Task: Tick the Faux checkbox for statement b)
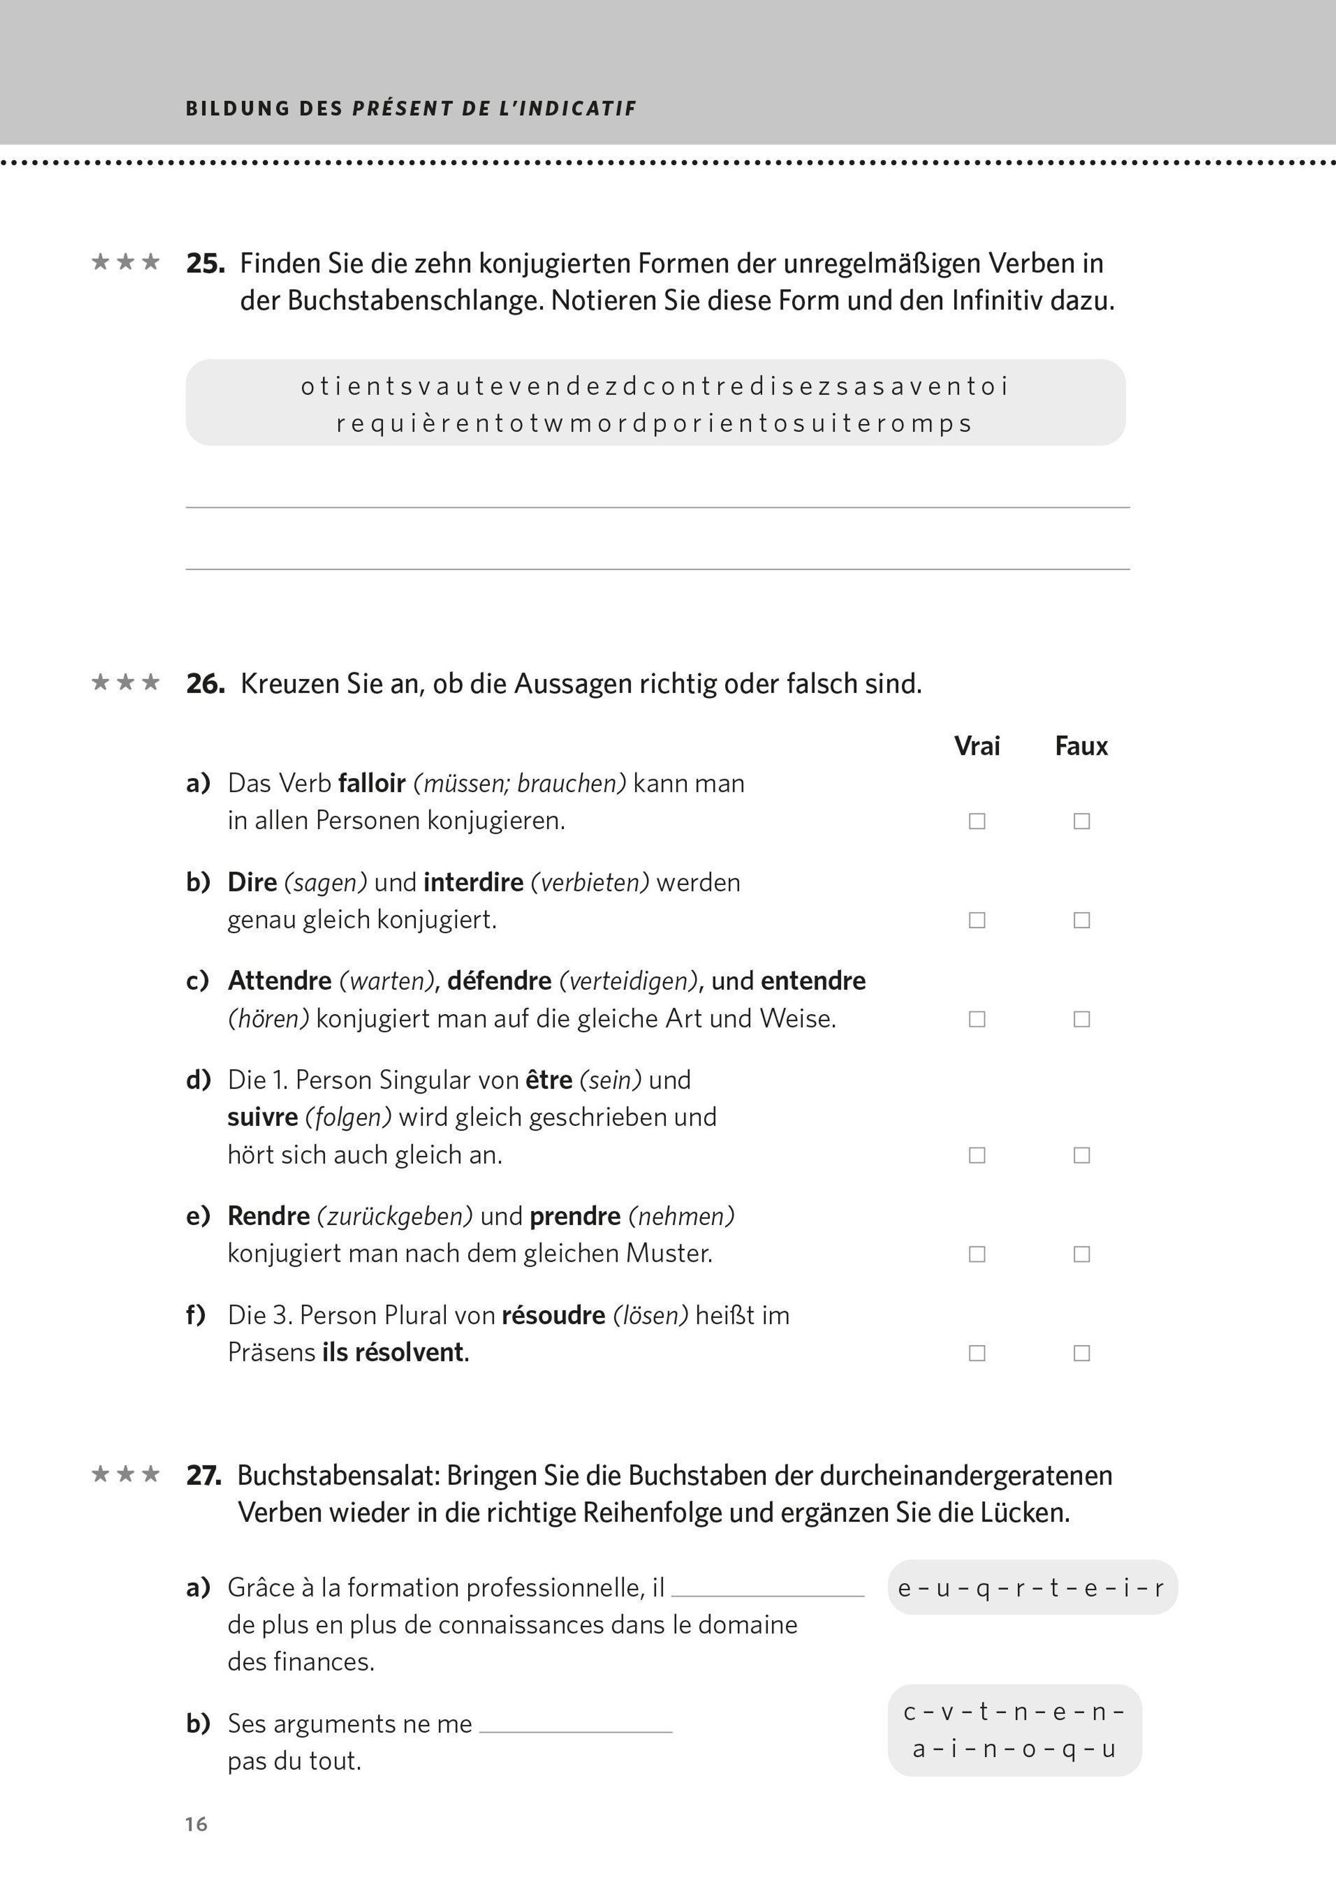pos(1082,920)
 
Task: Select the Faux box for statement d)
pos(1082,1155)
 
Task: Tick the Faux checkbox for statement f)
pos(1082,1352)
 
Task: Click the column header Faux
pos(1081,746)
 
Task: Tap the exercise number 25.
pos(205,263)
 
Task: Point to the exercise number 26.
pos(205,683)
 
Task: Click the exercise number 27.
pos(204,1475)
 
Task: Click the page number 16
pos(196,1824)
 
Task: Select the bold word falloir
pos(372,783)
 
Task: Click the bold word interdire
pos(473,882)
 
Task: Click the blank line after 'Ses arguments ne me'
pos(575,1725)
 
